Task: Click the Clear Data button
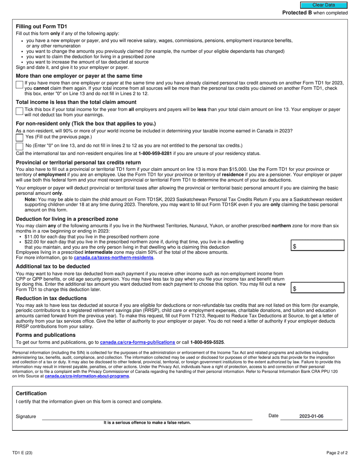[x=323, y=5]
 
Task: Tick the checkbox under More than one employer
[x=19, y=85]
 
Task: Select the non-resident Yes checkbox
[x=19, y=137]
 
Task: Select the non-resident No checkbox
[x=19, y=146]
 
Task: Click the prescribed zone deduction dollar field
[x=318, y=246]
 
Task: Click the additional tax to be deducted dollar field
[x=318, y=288]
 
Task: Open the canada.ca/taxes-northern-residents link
[x=113, y=258]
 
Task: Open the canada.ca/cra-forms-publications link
[x=137, y=342]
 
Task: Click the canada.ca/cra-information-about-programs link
[x=87, y=376]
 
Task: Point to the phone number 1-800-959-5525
[x=207, y=342]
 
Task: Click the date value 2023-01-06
[x=311, y=416]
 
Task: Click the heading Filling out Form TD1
[x=41, y=27]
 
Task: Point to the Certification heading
[x=31, y=393]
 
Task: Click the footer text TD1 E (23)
[x=22, y=453]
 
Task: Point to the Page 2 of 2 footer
[x=337, y=453]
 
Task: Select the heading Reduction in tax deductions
[x=51, y=298]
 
